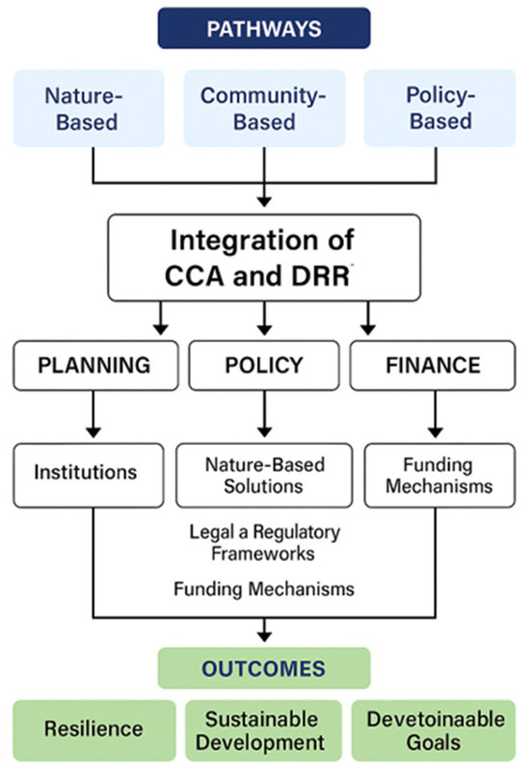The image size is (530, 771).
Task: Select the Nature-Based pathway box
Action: [x=93, y=108]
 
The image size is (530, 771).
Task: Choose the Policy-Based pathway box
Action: [x=438, y=108]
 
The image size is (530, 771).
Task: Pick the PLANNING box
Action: [x=94, y=367]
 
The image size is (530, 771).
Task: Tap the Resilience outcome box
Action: [x=94, y=729]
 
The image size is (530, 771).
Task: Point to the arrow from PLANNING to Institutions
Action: [x=94, y=414]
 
